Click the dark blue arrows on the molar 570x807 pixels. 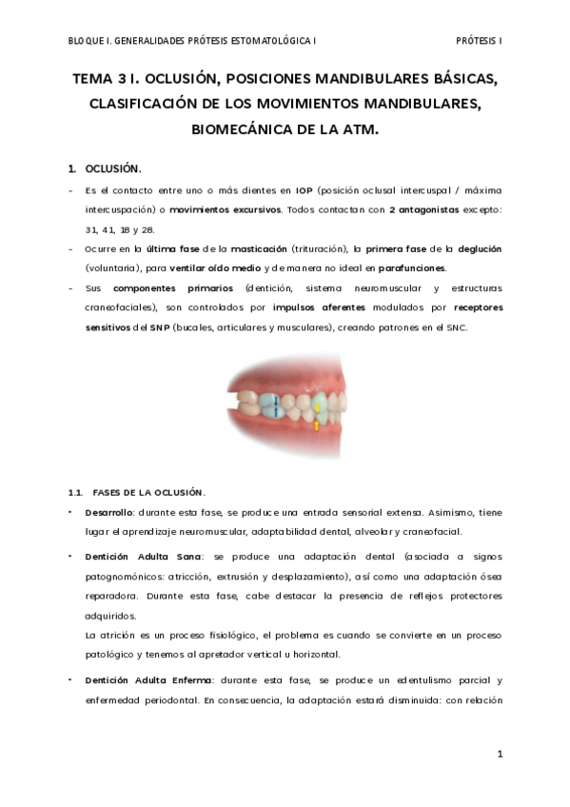pyautogui.click(x=276, y=406)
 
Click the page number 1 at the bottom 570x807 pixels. pyautogui.click(x=499, y=754)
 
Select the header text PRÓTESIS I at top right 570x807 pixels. pyautogui.click(x=480, y=42)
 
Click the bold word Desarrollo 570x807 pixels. pyautogui.click(x=109, y=512)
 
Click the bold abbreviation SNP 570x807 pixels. pyautogui.click(x=158, y=327)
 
